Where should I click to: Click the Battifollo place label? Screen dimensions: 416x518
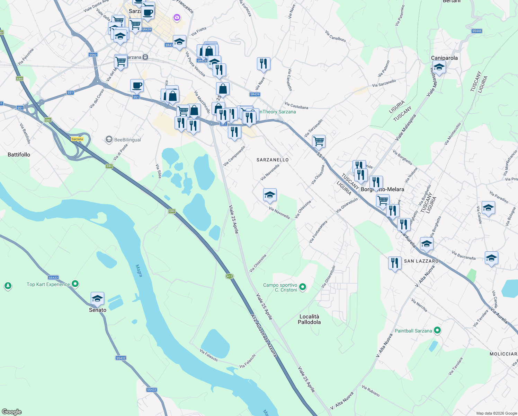tap(19, 155)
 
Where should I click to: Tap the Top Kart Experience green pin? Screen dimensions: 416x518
tap(75, 284)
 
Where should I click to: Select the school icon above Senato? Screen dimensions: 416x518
tap(97, 298)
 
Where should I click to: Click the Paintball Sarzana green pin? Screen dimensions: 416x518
tap(437, 330)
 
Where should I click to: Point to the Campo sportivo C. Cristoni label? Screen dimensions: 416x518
tap(280, 287)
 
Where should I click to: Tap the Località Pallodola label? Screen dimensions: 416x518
tap(309, 319)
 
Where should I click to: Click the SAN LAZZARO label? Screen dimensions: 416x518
tap(421, 261)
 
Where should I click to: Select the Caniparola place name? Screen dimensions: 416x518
tap(444, 58)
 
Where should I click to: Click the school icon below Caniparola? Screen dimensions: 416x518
tap(439, 67)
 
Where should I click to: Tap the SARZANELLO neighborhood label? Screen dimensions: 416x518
tap(273, 160)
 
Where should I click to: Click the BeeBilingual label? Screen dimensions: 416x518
tap(127, 140)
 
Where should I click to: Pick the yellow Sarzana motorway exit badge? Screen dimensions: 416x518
tap(77, 139)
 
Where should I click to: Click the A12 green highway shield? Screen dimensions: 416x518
tap(229, 276)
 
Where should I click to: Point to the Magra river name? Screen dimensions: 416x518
tap(139, 271)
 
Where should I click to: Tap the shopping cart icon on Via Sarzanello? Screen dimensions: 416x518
tap(319, 141)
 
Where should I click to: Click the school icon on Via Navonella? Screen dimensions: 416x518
tap(270, 195)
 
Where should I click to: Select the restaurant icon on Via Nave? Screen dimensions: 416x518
tap(264, 64)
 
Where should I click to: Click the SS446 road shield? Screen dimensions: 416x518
tap(477, 31)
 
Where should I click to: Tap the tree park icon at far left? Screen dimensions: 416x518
tap(8, 286)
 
